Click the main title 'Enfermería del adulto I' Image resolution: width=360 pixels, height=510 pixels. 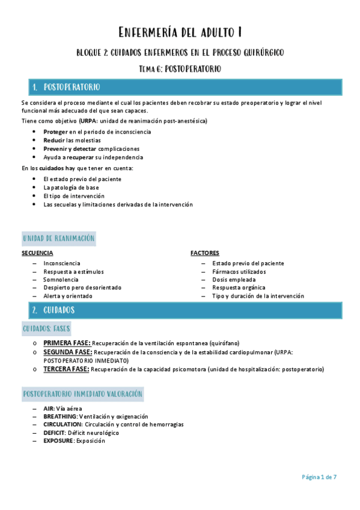(180, 32)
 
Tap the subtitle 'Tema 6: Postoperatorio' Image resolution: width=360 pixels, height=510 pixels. (180, 69)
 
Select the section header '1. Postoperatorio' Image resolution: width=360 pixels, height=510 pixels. (66, 88)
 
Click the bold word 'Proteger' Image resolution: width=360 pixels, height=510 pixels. (55, 132)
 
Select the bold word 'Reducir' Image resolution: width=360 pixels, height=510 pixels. (54, 140)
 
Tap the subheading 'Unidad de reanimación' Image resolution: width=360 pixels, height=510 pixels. (59, 239)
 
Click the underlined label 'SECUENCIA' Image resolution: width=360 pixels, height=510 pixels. (37, 253)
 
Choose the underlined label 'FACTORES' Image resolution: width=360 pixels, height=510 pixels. (204, 253)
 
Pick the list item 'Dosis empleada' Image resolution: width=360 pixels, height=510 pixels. (233, 280)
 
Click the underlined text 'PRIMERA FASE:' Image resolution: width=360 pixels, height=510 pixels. (67, 343)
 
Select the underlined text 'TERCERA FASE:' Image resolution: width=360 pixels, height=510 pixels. (66, 369)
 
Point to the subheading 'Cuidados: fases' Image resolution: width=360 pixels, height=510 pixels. (46, 329)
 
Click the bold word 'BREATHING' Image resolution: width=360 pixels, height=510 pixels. (59, 416)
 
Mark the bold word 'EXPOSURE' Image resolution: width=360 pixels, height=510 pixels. (58, 441)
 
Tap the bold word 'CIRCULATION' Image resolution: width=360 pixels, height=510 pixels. (63, 425)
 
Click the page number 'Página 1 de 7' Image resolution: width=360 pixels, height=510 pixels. (319, 477)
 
